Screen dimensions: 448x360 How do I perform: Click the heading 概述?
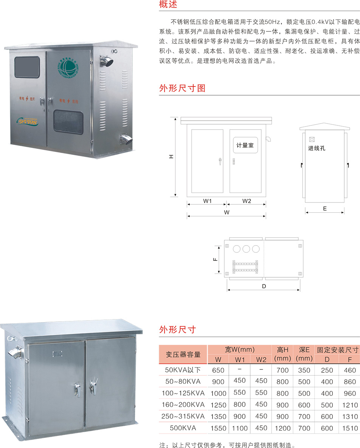[x=168, y=5]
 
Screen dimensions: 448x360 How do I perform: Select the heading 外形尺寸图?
[x=183, y=88]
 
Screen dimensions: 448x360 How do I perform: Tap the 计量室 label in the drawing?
[x=245, y=145]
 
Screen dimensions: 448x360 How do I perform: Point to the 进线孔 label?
[x=317, y=148]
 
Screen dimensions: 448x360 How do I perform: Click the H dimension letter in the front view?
[x=171, y=156]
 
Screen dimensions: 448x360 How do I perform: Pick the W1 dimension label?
[x=207, y=201]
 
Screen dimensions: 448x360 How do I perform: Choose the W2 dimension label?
[x=247, y=201]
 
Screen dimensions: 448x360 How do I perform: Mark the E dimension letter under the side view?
[x=325, y=209]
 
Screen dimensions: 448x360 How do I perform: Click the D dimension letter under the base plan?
[x=264, y=286]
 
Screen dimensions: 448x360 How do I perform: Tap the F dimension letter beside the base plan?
[x=214, y=260]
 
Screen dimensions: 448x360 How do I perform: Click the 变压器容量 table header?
[x=183, y=354]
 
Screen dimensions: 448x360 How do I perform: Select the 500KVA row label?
[x=183, y=428]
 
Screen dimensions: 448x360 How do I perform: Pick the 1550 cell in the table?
[x=218, y=428]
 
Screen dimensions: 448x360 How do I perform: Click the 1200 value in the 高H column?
[x=282, y=428]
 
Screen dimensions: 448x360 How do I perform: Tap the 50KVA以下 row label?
[x=183, y=370]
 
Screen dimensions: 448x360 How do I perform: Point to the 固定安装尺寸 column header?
[x=337, y=350]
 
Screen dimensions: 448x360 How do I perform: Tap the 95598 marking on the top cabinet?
[x=27, y=122]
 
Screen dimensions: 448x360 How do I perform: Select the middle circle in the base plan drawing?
[x=247, y=249]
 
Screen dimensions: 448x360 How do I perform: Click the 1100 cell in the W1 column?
[x=240, y=428]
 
